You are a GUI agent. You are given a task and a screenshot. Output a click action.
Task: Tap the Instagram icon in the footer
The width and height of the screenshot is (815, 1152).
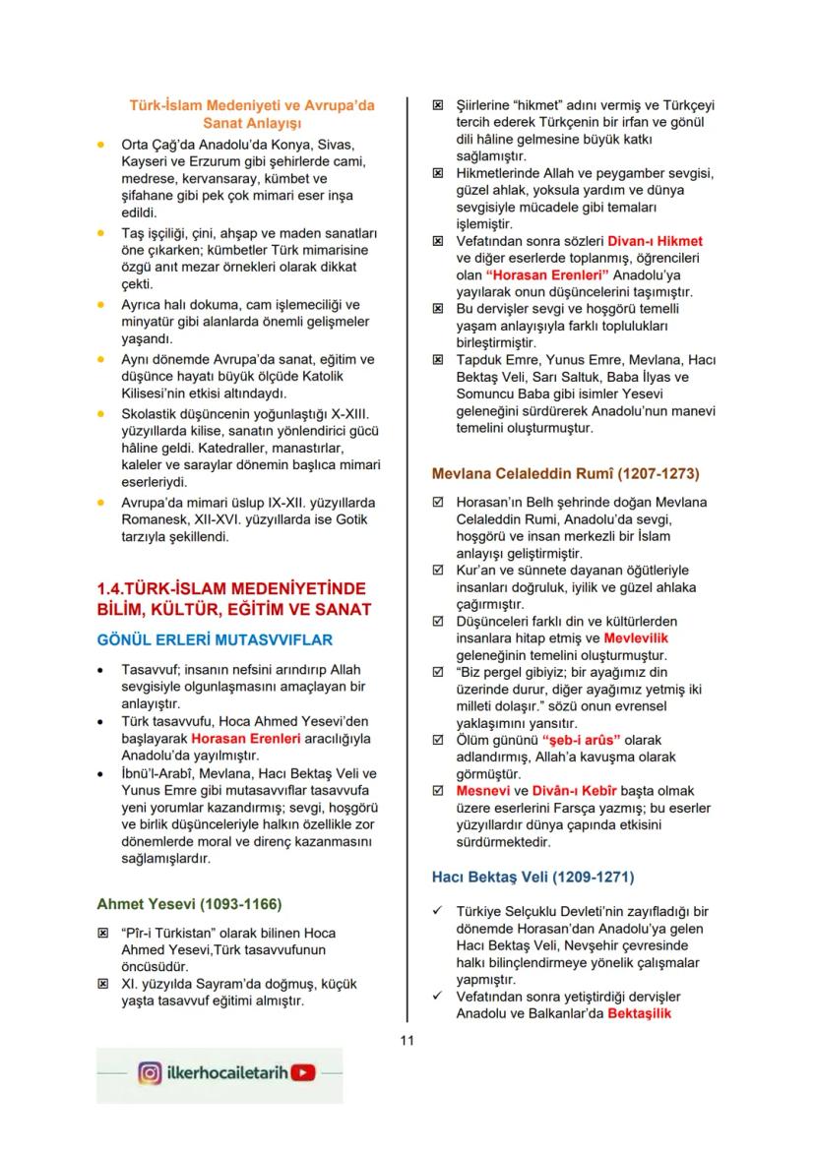[151, 1073]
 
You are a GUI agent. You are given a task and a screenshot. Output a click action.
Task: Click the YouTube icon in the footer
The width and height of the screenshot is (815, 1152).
[305, 1073]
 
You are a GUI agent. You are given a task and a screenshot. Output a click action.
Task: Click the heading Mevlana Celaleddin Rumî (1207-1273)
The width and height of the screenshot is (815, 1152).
[566, 473]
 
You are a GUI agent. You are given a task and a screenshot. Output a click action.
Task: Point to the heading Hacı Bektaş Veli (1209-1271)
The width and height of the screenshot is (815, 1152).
[533, 876]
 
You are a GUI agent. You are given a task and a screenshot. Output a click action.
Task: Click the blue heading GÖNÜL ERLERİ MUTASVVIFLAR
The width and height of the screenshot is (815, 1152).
[215, 640]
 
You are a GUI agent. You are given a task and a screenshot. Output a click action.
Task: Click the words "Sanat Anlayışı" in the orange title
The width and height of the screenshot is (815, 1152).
[251, 123]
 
